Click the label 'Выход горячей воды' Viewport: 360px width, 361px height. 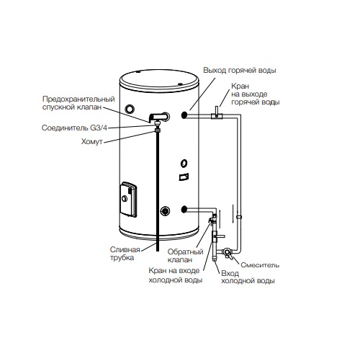pos(240,71)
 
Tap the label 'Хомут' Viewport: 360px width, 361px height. pos(92,142)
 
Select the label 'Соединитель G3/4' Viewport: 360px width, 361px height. pos(74,128)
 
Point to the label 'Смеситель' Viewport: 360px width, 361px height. pos(260,265)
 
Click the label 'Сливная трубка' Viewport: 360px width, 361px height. pos(125,254)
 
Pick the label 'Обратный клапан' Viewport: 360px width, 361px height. pos(185,256)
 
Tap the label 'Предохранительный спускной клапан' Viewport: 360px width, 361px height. pos(78,103)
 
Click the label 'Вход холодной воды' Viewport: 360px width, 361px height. pos(248,277)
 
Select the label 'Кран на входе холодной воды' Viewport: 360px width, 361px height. pos(176,275)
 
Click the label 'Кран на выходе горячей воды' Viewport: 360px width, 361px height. pos(256,94)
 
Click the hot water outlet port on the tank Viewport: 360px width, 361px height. pos(184,115)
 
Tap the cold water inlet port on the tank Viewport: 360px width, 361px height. pos(184,209)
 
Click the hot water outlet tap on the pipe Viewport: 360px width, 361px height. pos(217,114)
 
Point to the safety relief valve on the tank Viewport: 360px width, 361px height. pos(158,117)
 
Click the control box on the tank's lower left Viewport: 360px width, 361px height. pos(128,200)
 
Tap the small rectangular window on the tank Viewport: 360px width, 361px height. pos(184,177)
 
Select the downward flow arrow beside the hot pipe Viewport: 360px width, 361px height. pos(233,214)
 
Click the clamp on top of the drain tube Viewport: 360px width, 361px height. pos(158,130)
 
